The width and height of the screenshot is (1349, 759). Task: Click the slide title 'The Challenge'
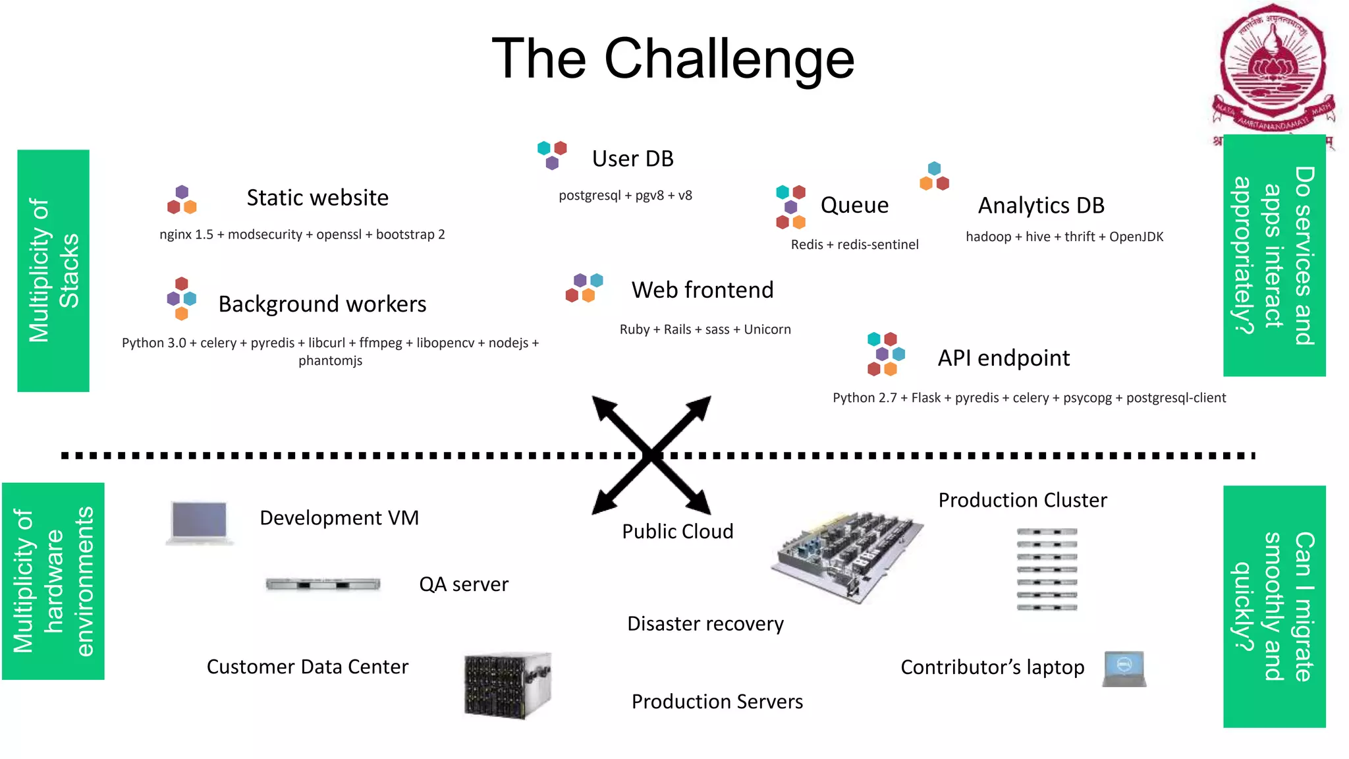673,59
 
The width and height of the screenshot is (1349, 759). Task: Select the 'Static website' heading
317,198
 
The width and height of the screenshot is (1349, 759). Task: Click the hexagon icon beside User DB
552,155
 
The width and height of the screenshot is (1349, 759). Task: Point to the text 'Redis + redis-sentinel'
854,244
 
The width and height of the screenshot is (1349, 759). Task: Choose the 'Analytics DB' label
1041,206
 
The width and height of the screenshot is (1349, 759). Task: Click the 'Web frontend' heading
702,290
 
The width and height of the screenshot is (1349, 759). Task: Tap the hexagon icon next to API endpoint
885,354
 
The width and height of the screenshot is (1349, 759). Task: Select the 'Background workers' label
322,304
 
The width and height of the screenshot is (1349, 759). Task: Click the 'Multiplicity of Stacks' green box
53,271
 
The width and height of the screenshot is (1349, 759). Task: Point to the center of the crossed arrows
651,455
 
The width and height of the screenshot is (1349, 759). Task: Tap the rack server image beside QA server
323,584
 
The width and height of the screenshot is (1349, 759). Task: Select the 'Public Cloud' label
677,532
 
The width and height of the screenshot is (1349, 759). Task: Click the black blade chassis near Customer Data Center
507,685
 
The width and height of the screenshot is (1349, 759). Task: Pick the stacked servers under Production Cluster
1046,569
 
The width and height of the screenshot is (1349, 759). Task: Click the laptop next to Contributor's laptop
1124,669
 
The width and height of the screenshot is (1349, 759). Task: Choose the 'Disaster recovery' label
705,624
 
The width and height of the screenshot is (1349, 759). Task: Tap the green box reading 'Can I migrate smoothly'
1274,606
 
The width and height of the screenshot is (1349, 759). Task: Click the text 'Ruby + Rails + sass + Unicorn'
705,329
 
